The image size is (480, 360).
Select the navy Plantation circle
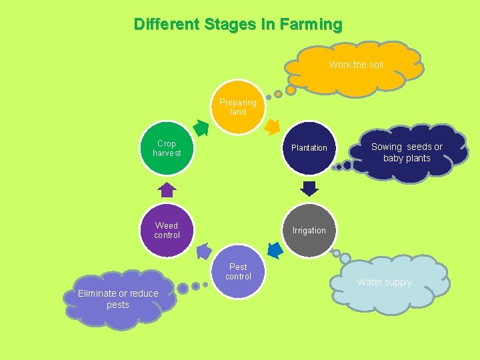tap(309, 148)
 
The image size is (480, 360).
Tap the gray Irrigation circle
tap(309, 230)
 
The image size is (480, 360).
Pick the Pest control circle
tap(238, 272)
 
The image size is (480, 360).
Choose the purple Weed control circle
tap(167, 230)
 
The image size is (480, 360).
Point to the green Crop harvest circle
tap(167, 148)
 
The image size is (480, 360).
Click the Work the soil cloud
tap(356, 65)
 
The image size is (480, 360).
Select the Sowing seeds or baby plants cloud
tap(407, 153)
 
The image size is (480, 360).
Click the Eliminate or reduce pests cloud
tap(118, 299)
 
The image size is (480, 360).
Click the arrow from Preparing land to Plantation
tap(272, 125)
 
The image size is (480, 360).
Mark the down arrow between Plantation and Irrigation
tap(309, 187)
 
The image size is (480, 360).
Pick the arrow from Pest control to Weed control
tap(203, 251)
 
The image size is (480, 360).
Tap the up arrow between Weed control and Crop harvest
tap(167, 189)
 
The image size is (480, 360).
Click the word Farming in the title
tap(311, 25)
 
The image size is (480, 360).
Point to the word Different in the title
tap(166, 25)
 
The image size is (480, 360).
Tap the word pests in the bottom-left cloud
tap(118, 305)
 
